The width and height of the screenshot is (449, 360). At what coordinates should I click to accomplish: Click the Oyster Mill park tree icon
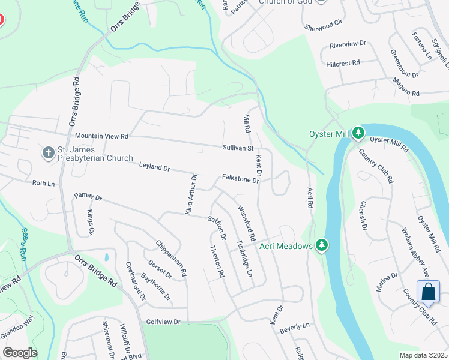pyautogui.click(x=358, y=133)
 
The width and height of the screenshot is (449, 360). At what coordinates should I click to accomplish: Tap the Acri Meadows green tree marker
pyautogui.click(x=322, y=245)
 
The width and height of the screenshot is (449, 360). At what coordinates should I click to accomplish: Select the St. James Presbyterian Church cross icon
pyautogui.click(x=49, y=152)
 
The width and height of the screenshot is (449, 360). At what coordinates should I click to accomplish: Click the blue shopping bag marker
pyautogui.click(x=429, y=292)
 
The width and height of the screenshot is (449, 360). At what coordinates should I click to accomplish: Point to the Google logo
pyautogui.click(x=20, y=352)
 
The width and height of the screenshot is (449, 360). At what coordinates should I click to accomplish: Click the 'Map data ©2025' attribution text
pyautogui.click(x=423, y=355)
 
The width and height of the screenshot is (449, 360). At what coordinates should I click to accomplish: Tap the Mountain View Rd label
pyautogui.click(x=101, y=136)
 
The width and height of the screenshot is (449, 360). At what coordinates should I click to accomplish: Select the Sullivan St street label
pyautogui.click(x=238, y=148)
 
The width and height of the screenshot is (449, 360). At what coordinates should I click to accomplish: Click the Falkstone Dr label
pyautogui.click(x=240, y=179)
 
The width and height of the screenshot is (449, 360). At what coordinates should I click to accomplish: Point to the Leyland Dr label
pyautogui.click(x=155, y=166)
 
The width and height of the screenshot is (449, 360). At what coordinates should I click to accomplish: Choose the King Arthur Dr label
pyautogui.click(x=190, y=194)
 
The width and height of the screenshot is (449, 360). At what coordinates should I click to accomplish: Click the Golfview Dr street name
pyautogui.click(x=163, y=322)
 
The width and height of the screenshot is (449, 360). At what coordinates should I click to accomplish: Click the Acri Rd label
pyautogui.click(x=310, y=196)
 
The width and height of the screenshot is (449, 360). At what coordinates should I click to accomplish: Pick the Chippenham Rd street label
pyautogui.click(x=172, y=258)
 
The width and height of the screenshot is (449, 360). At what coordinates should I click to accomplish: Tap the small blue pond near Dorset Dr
pyautogui.click(x=106, y=257)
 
